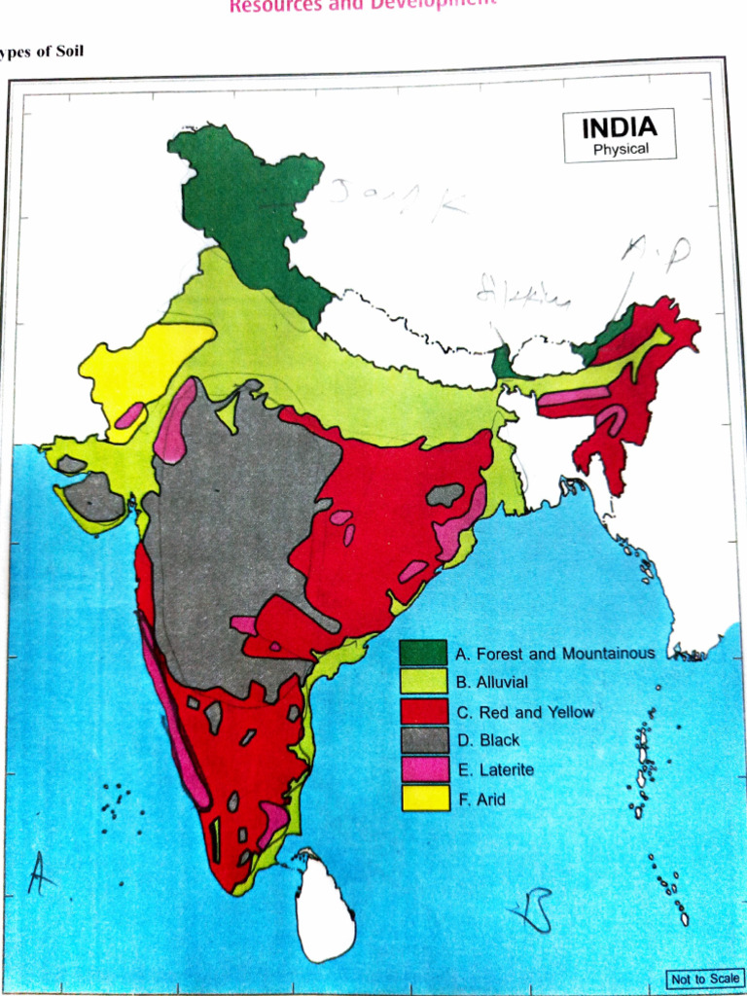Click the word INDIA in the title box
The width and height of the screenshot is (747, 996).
[619, 127]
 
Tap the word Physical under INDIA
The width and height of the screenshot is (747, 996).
[621, 150]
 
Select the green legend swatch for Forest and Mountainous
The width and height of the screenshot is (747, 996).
[424, 654]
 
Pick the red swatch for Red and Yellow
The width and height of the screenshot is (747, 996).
[424, 712]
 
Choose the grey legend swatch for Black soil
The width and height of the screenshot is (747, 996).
[424, 740]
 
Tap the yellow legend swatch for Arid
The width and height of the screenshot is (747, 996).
[424, 799]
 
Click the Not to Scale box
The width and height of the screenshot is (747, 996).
[703, 978]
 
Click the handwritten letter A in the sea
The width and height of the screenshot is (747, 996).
[40, 872]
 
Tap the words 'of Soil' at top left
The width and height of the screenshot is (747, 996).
[58, 50]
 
